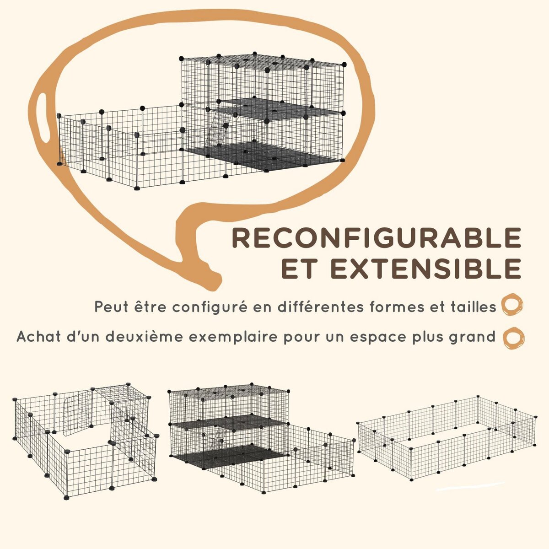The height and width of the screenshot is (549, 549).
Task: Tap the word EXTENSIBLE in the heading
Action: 427,269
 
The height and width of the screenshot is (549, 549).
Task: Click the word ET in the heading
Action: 299,269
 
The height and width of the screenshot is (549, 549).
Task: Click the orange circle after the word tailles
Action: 512,306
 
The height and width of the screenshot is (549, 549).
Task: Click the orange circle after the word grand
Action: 514,338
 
